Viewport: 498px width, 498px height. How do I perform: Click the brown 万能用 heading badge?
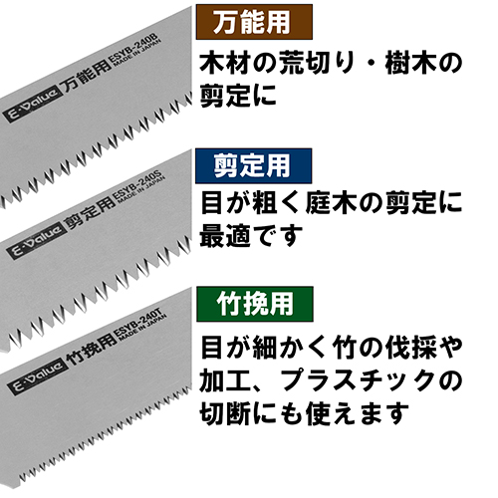(x=254, y=22)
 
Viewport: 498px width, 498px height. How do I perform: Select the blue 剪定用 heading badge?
(x=253, y=166)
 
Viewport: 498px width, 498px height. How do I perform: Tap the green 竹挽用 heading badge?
(x=255, y=304)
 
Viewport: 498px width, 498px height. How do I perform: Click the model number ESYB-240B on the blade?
(x=132, y=49)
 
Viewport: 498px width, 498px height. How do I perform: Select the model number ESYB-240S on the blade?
(x=137, y=186)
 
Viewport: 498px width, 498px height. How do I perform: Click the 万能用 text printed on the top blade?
(x=87, y=75)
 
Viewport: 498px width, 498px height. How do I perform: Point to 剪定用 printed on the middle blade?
(x=91, y=213)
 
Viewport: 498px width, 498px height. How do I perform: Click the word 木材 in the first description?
(x=224, y=63)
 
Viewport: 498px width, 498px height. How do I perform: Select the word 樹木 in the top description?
(x=410, y=63)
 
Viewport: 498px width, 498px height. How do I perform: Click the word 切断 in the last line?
(x=225, y=413)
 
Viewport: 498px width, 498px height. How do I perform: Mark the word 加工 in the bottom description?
(x=225, y=380)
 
